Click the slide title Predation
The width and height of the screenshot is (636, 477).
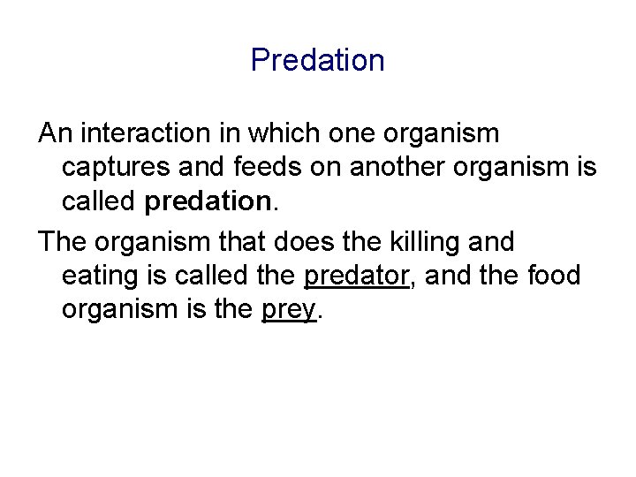tap(317, 60)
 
